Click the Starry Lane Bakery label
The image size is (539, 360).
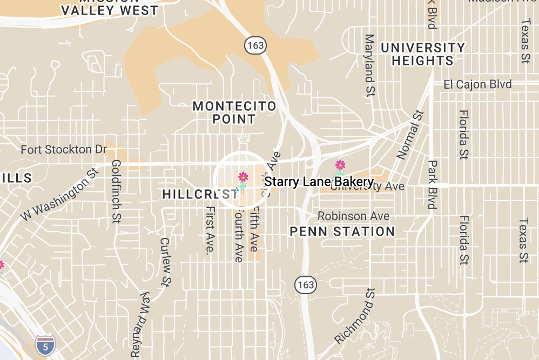[x=319, y=182]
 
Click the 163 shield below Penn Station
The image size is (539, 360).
[x=305, y=284]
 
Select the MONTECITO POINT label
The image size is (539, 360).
[x=234, y=112]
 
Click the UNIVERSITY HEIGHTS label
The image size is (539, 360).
[x=422, y=54]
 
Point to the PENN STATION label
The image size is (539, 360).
[x=342, y=232]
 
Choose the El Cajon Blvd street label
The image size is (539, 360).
[x=477, y=85]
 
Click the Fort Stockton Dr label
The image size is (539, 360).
[x=64, y=149]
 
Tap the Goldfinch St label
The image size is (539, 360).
[x=116, y=191]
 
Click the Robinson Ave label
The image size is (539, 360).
[x=353, y=216]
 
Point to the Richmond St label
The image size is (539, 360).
[x=354, y=316]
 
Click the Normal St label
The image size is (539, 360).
[x=410, y=135]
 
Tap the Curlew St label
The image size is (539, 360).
[x=166, y=262]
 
